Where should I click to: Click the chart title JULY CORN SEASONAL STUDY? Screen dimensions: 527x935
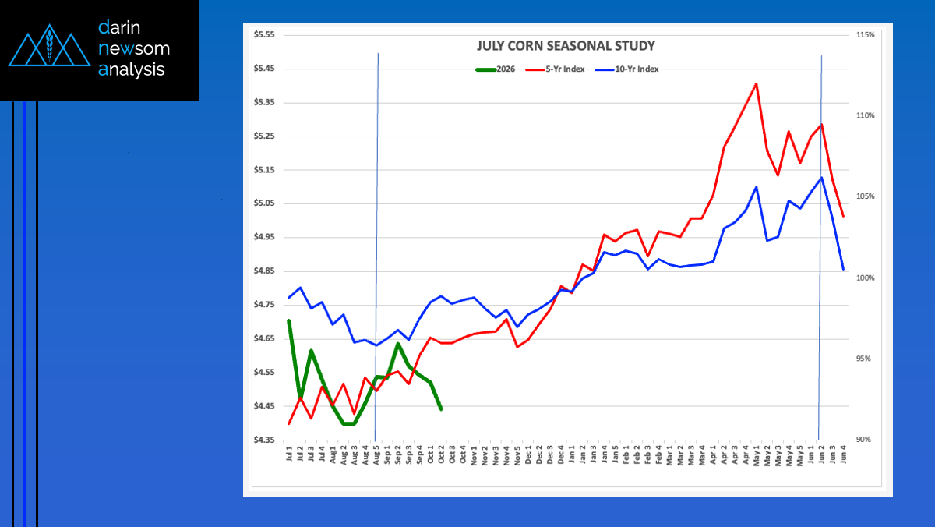click(x=566, y=46)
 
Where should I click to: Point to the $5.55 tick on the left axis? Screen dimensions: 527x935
click(x=264, y=35)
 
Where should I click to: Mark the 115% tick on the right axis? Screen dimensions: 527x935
click(x=865, y=35)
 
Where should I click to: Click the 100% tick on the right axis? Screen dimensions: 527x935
click(x=865, y=278)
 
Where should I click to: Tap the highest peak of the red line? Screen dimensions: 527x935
click(x=756, y=83)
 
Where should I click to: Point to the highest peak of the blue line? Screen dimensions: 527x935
click(x=821, y=178)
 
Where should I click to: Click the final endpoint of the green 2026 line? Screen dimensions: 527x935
click(x=441, y=409)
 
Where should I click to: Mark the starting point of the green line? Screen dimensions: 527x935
click(x=289, y=320)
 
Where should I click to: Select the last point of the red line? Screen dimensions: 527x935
click(x=843, y=216)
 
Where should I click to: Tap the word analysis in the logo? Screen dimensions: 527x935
click(x=132, y=69)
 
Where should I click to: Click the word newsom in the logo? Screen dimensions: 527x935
click(x=134, y=48)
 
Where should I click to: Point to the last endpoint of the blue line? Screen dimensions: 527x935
click(x=843, y=269)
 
